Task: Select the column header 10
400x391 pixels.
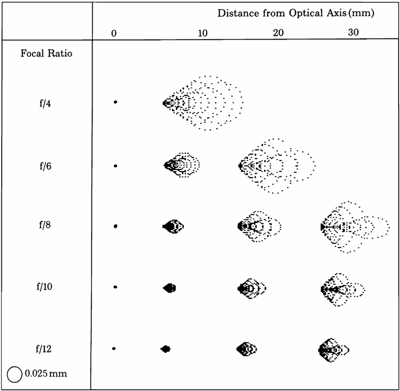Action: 203,33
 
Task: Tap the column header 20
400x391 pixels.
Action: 278,33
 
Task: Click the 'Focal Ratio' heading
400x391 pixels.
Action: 47,54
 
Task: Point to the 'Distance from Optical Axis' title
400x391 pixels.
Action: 296,13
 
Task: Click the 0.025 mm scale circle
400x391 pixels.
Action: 15,374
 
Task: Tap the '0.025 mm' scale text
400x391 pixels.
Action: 46,373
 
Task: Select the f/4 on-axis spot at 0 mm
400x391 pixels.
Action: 115,102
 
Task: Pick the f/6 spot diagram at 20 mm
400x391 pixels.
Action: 277,166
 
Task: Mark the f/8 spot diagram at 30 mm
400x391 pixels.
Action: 354,227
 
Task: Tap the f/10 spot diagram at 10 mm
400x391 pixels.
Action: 170,288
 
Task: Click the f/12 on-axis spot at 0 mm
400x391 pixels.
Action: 114,348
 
